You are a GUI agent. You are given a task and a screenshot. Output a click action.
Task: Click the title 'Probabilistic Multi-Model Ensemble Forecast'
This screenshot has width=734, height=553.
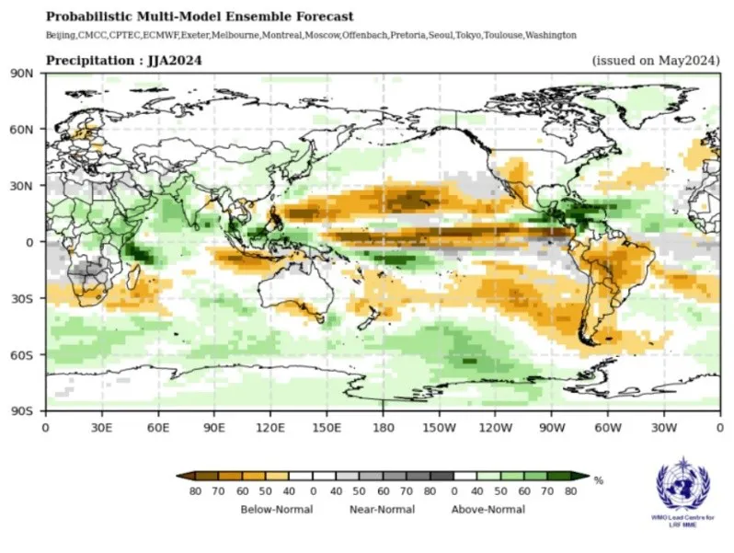coord(200,17)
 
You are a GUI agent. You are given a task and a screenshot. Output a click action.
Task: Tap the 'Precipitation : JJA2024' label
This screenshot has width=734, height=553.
coord(124,61)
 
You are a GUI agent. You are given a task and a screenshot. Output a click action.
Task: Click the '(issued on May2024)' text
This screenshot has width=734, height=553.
coord(654,61)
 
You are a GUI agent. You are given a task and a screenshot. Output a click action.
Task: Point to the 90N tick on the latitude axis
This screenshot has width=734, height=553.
coord(22,73)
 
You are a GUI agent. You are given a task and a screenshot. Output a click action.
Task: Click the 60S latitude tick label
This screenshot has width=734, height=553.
coord(22,354)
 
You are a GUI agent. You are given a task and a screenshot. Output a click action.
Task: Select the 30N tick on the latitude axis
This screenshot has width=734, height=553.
coord(22,185)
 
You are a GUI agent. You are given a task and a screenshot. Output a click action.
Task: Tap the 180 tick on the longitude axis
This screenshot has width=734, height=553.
coord(383,427)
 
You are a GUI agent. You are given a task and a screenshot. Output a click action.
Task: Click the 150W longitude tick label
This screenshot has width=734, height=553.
coord(439,427)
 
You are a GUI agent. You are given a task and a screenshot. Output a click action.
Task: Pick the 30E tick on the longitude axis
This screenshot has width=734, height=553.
coord(101,427)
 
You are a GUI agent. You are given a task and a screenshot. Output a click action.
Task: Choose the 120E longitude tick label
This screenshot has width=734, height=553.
coord(270,427)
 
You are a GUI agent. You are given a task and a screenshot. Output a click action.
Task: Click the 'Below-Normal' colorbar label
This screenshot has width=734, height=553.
coord(276,509)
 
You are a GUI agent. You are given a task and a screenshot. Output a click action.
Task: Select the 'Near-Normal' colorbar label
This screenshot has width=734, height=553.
coord(382,509)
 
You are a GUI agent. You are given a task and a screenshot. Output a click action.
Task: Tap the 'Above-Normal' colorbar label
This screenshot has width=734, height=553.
coord(487,509)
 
